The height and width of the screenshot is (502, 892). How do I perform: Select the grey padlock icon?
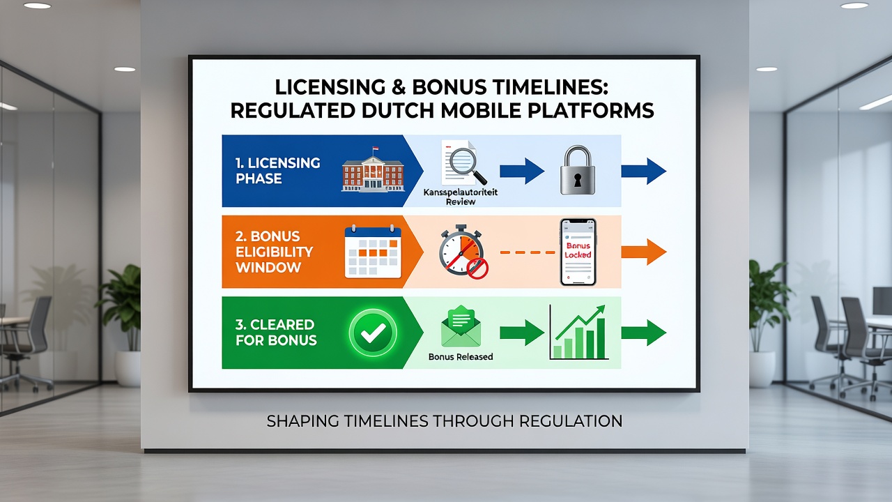point(578,170)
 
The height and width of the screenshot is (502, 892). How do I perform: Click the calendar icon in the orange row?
point(373,252)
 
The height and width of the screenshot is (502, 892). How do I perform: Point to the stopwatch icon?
point(461,250)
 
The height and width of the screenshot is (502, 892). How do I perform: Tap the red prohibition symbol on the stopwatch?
point(477,268)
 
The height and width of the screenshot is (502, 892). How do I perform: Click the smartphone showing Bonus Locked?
point(578,252)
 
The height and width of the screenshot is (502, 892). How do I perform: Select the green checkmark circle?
point(373,333)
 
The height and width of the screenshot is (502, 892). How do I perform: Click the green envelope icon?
point(461,326)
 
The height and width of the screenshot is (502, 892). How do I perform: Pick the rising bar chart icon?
point(579,333)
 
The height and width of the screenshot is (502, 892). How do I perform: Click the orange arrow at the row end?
point(644,252)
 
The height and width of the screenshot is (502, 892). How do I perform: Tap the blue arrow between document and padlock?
point(522,171)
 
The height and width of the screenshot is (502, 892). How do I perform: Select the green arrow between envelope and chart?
point(522,333)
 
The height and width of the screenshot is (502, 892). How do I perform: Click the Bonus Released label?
point(461,356)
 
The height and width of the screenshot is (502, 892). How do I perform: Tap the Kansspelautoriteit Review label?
point(461,197)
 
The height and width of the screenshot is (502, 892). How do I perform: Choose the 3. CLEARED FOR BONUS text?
point(276,333)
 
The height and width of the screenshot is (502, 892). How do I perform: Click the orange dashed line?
point(528,252)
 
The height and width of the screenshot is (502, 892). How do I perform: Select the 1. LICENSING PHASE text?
point(277,171)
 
